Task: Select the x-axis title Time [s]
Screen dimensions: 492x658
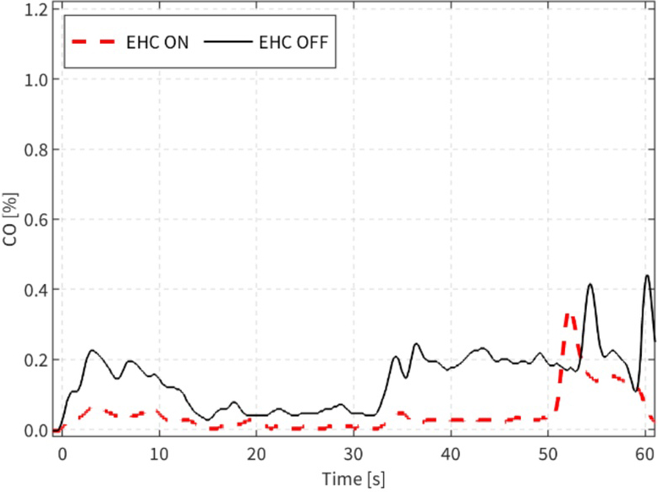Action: click(354, 479)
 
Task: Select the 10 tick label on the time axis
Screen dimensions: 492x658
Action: click(158, 453)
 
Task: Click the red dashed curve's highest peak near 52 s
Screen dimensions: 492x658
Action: click(568, 314)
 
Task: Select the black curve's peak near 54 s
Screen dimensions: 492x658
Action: click(590, 285)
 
